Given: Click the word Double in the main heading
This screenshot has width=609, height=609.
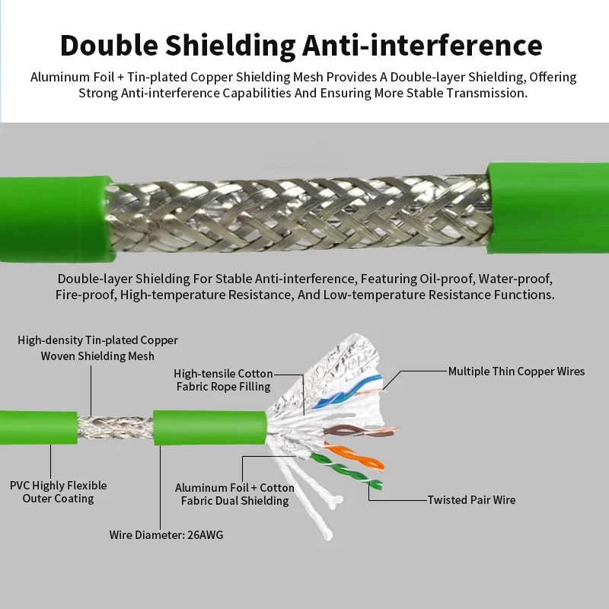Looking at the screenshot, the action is pyautogui.click(x=109, y=46).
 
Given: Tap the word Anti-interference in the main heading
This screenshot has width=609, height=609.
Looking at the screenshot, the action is pyautogui.click(x=422, y=46).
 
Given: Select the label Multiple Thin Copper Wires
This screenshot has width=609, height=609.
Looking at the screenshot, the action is pyautogui.click(x=516, y=371).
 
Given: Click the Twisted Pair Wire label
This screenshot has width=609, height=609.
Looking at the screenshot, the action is pyautogui.click(x=471, y=500).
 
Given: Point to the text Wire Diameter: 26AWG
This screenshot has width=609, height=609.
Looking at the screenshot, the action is pyautogui.click(x=166, y=535).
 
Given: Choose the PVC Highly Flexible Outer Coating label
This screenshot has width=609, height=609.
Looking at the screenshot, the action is pyautogui.click(x=59, y=492).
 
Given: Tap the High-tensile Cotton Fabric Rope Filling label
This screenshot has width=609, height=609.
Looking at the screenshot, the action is pyautogui.click(x=223, y=380).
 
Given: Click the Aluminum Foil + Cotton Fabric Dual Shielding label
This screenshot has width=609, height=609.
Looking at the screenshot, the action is pyautogui.click(x=234, y=494).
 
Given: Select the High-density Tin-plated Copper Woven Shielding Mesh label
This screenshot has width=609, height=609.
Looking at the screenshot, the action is pyautogui.click(x=97, y=348).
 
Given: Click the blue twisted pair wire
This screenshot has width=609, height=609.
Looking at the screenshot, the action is pyautogui.click(x=348, y=391).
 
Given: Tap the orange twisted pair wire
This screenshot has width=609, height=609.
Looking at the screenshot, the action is pyautogui.click(x=354, y=456).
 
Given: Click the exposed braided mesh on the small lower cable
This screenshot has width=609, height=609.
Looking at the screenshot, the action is pyautogui.click(x=115, y=427).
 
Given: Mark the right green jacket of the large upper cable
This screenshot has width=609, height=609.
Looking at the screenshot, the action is pyautogui.click(x=548, y=208).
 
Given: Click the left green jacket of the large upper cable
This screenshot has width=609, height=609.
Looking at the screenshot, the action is pyautogui.click(x=56, y=218).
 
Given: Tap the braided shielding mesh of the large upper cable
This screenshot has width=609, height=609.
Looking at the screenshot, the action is pyautogui.click(x=299, y=215).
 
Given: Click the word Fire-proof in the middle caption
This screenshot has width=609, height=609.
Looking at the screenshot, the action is pyautogui.click(x=85, y=295).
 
